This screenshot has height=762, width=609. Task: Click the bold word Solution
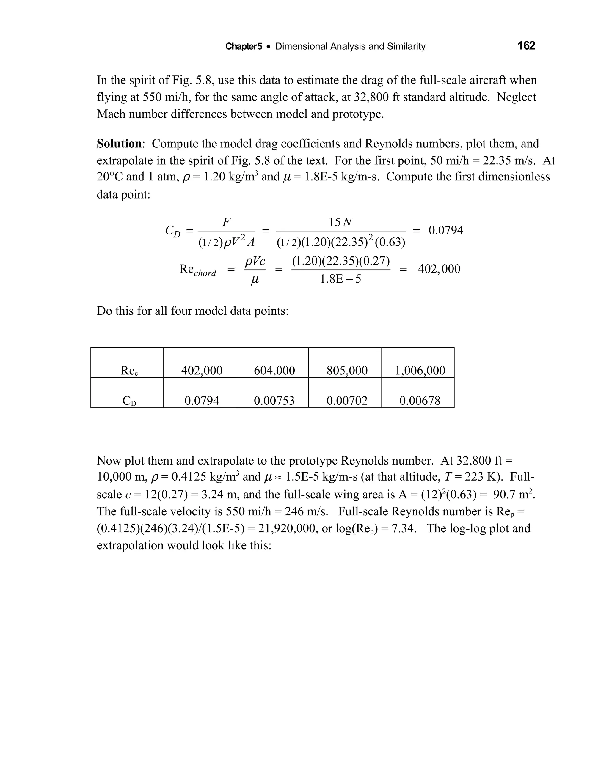[119, 144]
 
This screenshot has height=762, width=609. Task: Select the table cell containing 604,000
[274, 370]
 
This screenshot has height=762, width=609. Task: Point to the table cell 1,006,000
[420, 370]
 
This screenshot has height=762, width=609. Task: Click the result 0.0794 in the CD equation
[446, 230]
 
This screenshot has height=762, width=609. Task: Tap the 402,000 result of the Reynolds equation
[439, 269]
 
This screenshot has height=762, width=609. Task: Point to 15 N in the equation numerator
[340, 222]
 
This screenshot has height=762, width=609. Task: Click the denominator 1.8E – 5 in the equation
[340, 279]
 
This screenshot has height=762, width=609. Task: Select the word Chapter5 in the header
[244, 46]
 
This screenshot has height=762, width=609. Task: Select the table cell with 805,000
[347, 370]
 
